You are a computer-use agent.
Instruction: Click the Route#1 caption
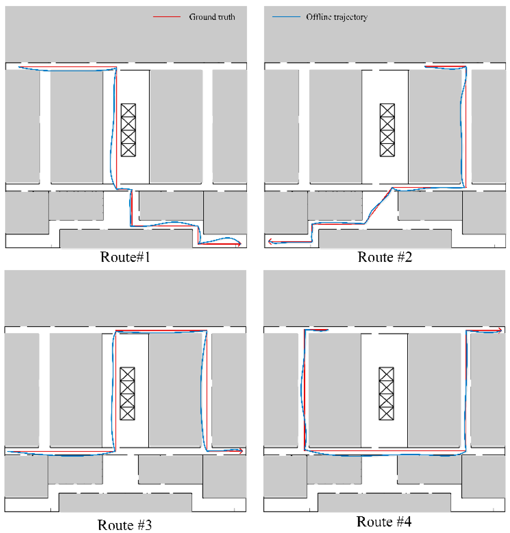[125, 257]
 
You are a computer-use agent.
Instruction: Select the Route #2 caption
[385, 257]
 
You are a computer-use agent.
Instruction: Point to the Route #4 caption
[384, 521]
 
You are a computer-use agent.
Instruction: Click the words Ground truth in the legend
[212, 17]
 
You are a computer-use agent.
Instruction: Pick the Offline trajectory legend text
[337, 17]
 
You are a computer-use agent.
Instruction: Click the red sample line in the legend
[167, 17]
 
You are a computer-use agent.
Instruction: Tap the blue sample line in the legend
[286, 17]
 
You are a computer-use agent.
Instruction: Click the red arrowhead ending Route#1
[239, 244]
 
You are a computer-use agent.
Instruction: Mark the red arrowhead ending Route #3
[241, 451]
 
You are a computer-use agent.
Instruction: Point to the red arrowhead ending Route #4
[500, 330]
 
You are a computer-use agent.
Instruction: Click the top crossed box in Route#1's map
[128, 110]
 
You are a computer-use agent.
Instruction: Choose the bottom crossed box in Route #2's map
[387, 150]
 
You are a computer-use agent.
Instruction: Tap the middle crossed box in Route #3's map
[127, 394]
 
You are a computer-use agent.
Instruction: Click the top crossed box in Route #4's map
[386, 374]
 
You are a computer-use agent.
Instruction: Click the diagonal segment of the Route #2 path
[378, 206]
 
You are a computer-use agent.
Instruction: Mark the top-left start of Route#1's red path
[19, 67]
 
